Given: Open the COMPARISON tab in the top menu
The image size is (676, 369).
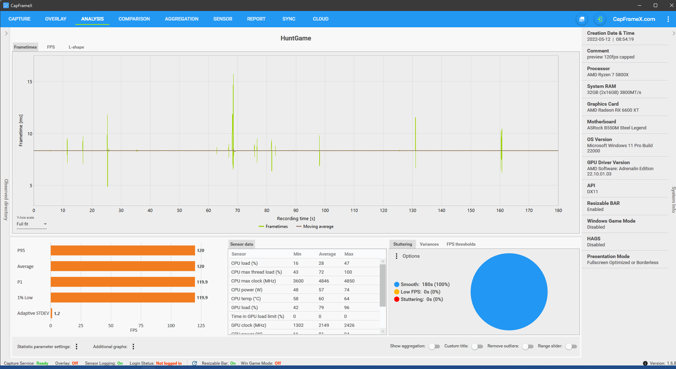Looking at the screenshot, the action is click(134, 19).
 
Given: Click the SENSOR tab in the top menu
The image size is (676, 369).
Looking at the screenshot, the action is click(223, 19).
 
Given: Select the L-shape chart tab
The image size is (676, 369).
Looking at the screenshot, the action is click(76, 47).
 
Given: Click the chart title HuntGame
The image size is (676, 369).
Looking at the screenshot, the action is click(296, 38).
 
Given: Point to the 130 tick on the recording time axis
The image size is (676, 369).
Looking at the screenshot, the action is click(413, 211).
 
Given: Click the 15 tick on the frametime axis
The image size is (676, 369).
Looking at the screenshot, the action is click(30, 82).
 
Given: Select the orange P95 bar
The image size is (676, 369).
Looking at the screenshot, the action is click(123, 250).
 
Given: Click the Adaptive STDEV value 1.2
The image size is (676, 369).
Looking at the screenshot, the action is click(57, 314).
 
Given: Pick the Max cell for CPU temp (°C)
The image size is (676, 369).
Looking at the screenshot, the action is click(347, 299).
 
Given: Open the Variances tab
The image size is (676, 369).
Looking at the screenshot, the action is click(429, 244).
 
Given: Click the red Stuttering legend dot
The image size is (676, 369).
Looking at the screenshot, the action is click(397, 300).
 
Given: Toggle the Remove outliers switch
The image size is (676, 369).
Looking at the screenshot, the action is click(528, 347).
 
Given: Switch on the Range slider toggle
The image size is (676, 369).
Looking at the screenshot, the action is click(571, 347).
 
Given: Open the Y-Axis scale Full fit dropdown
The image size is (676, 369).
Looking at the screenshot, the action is click(31, 224).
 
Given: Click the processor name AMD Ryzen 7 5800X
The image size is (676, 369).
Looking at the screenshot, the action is click(608, 75).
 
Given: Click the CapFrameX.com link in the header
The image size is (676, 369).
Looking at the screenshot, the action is click(634, 19).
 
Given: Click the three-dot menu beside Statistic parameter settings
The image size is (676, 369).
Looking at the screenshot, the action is click(76, 347).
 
